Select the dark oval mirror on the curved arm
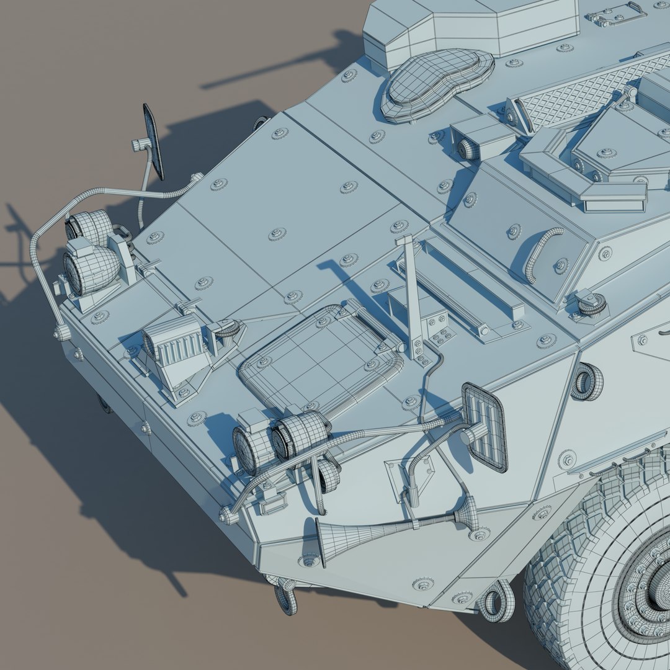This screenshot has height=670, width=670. [x=153, y=141]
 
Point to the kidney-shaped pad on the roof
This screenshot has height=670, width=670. [x=437, y=83]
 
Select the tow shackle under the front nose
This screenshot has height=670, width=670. [x=286, y=596]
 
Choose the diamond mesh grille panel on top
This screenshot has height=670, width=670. [x=583, y=93]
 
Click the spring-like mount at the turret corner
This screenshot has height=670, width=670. [x=589, y=304]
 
